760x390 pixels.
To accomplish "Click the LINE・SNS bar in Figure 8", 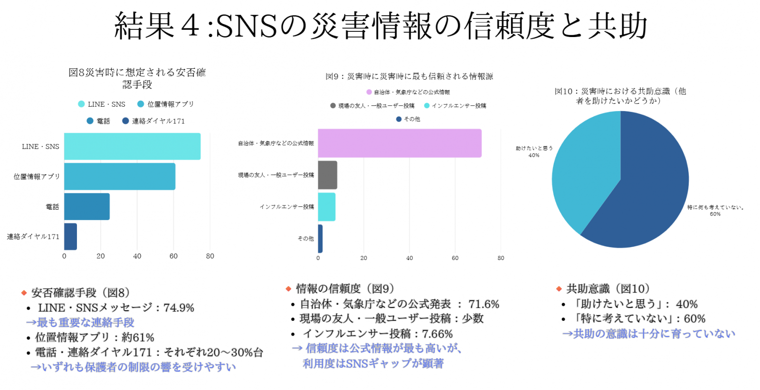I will pos(132,146).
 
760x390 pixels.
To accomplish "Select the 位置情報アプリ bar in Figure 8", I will pos(120,176).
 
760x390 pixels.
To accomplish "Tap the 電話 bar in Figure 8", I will pos(87,206).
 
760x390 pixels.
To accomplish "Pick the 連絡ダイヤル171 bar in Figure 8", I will pos(70,236).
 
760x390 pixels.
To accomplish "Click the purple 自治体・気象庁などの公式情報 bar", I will pos(399,143).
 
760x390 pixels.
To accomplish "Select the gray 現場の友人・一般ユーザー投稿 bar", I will pos(327,175).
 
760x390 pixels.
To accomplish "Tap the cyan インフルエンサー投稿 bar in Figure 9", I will pos(326,206).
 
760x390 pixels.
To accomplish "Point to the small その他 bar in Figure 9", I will pos(320,238).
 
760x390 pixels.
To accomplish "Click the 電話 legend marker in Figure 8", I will pos(90,121).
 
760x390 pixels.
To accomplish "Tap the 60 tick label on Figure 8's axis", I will pos(173,256).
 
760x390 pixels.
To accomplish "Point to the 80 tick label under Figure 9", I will pos(501,258).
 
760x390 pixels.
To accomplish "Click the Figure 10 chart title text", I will pos(620,95).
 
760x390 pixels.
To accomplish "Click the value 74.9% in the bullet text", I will pos(179,308).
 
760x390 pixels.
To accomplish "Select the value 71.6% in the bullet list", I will pos(484,304).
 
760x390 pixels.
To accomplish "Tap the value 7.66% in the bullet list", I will pos(437,334).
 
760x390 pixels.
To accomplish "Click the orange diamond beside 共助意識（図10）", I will pos(559,288).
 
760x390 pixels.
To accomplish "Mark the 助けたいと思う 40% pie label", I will pos(534,151).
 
